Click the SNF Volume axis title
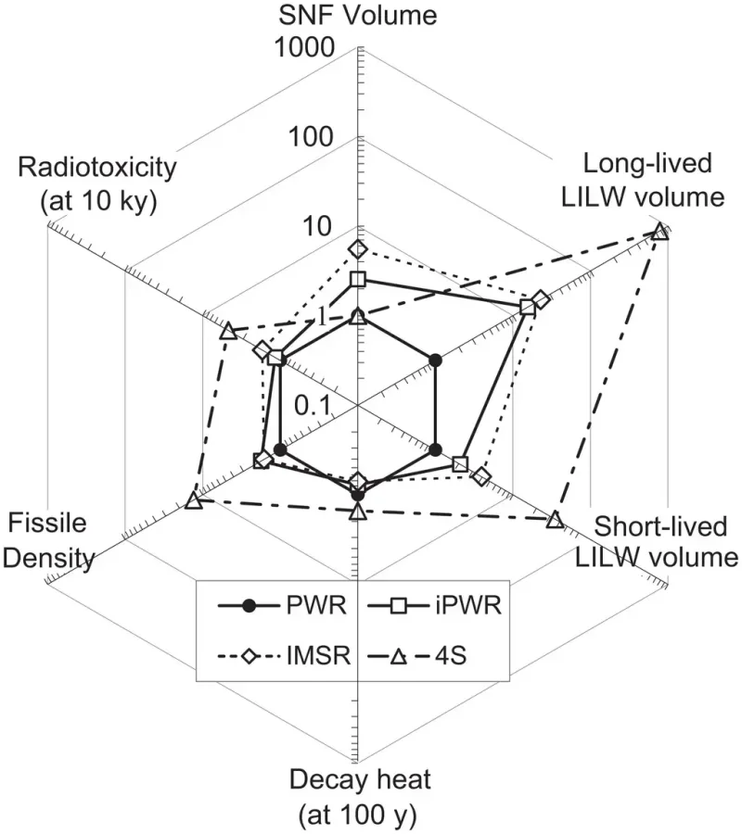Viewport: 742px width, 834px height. tap(359, 16)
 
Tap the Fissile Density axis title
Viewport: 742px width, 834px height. tap(51, 540)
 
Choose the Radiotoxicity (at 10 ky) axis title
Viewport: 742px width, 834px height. tap(96, 183)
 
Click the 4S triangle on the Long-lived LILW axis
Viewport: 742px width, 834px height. tap(659, 231)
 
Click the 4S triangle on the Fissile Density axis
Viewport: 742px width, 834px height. tap(193, 501)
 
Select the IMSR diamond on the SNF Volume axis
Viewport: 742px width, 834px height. tap(359, 249)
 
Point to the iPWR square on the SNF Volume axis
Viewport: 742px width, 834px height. tap(359, 280)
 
